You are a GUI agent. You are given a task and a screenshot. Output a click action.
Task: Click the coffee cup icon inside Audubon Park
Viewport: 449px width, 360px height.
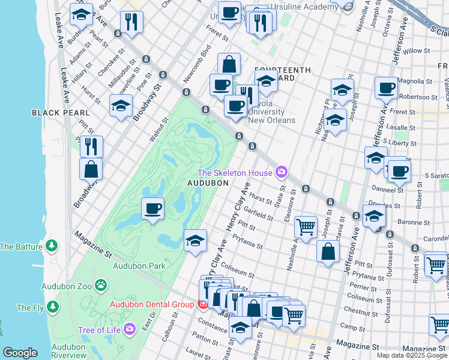[152, 209]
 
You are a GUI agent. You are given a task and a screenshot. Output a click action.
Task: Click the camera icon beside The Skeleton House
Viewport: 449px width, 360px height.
[281, 173]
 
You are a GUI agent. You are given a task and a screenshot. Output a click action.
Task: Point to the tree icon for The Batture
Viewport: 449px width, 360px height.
[52, 246]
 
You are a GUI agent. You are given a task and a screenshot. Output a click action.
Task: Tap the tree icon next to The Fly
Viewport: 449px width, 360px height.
[53, 308]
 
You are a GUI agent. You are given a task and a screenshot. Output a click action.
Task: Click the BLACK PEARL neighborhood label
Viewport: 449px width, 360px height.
[61, 113]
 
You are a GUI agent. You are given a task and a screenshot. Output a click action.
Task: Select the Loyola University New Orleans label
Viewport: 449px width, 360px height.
[271, 115]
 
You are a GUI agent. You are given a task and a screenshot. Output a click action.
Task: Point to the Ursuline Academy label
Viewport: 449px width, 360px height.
[304, 7]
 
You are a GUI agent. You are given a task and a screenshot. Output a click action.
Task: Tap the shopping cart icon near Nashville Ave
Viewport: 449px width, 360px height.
[306, 227]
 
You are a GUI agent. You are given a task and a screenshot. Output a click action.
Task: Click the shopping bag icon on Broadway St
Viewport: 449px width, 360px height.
[91, 169]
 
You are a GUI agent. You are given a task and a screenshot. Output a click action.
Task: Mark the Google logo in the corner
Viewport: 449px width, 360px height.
[20, 353]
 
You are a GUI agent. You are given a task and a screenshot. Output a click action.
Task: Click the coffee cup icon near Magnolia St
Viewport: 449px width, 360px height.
[386, 88]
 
